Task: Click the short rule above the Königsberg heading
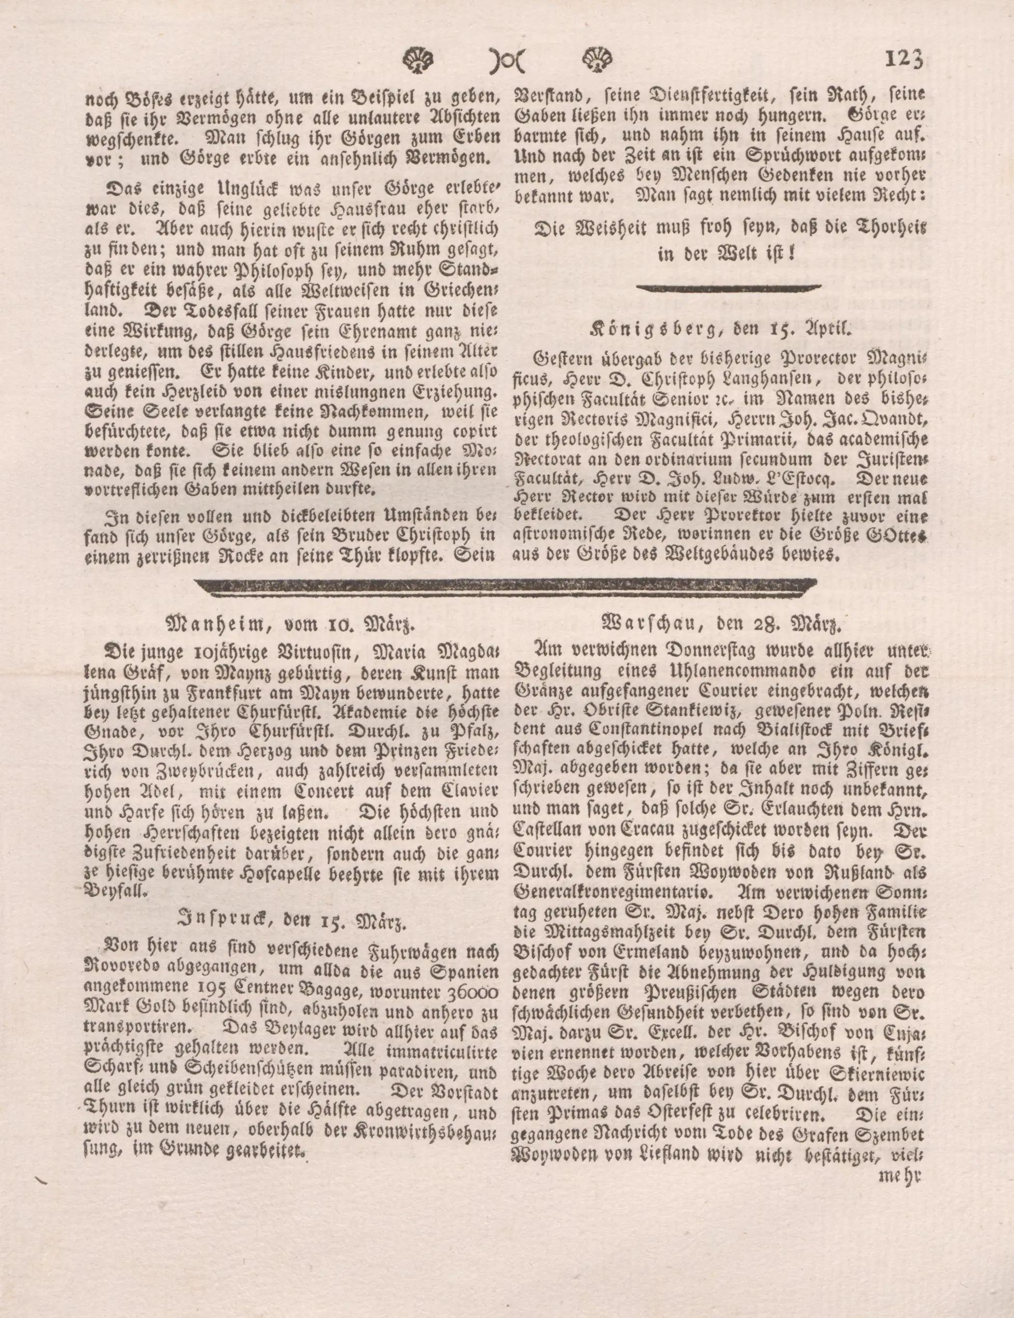coord(729,288)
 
